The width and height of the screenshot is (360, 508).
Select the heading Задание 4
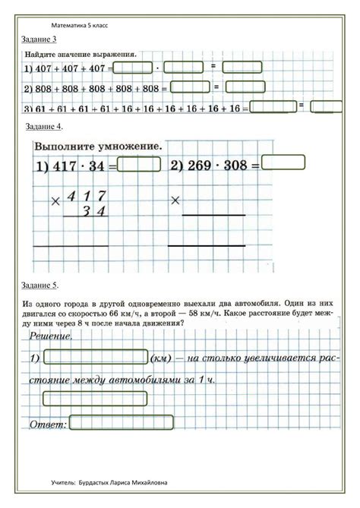(43, 126)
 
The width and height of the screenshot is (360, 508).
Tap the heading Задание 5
(39, 285)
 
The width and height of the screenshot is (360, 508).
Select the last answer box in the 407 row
(242, 67)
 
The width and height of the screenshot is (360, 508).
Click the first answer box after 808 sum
(183, 87)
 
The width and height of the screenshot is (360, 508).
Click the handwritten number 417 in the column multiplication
(85, 197)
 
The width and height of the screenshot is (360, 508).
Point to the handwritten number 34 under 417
(94, 211)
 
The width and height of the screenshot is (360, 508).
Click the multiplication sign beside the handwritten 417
(55, 202)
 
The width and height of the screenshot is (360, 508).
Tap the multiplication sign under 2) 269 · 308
(176, 200)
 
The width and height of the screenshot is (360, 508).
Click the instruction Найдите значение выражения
(81, 55)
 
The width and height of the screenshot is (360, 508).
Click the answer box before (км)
(96, 357)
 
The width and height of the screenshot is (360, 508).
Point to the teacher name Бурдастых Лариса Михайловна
(124, 481)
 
